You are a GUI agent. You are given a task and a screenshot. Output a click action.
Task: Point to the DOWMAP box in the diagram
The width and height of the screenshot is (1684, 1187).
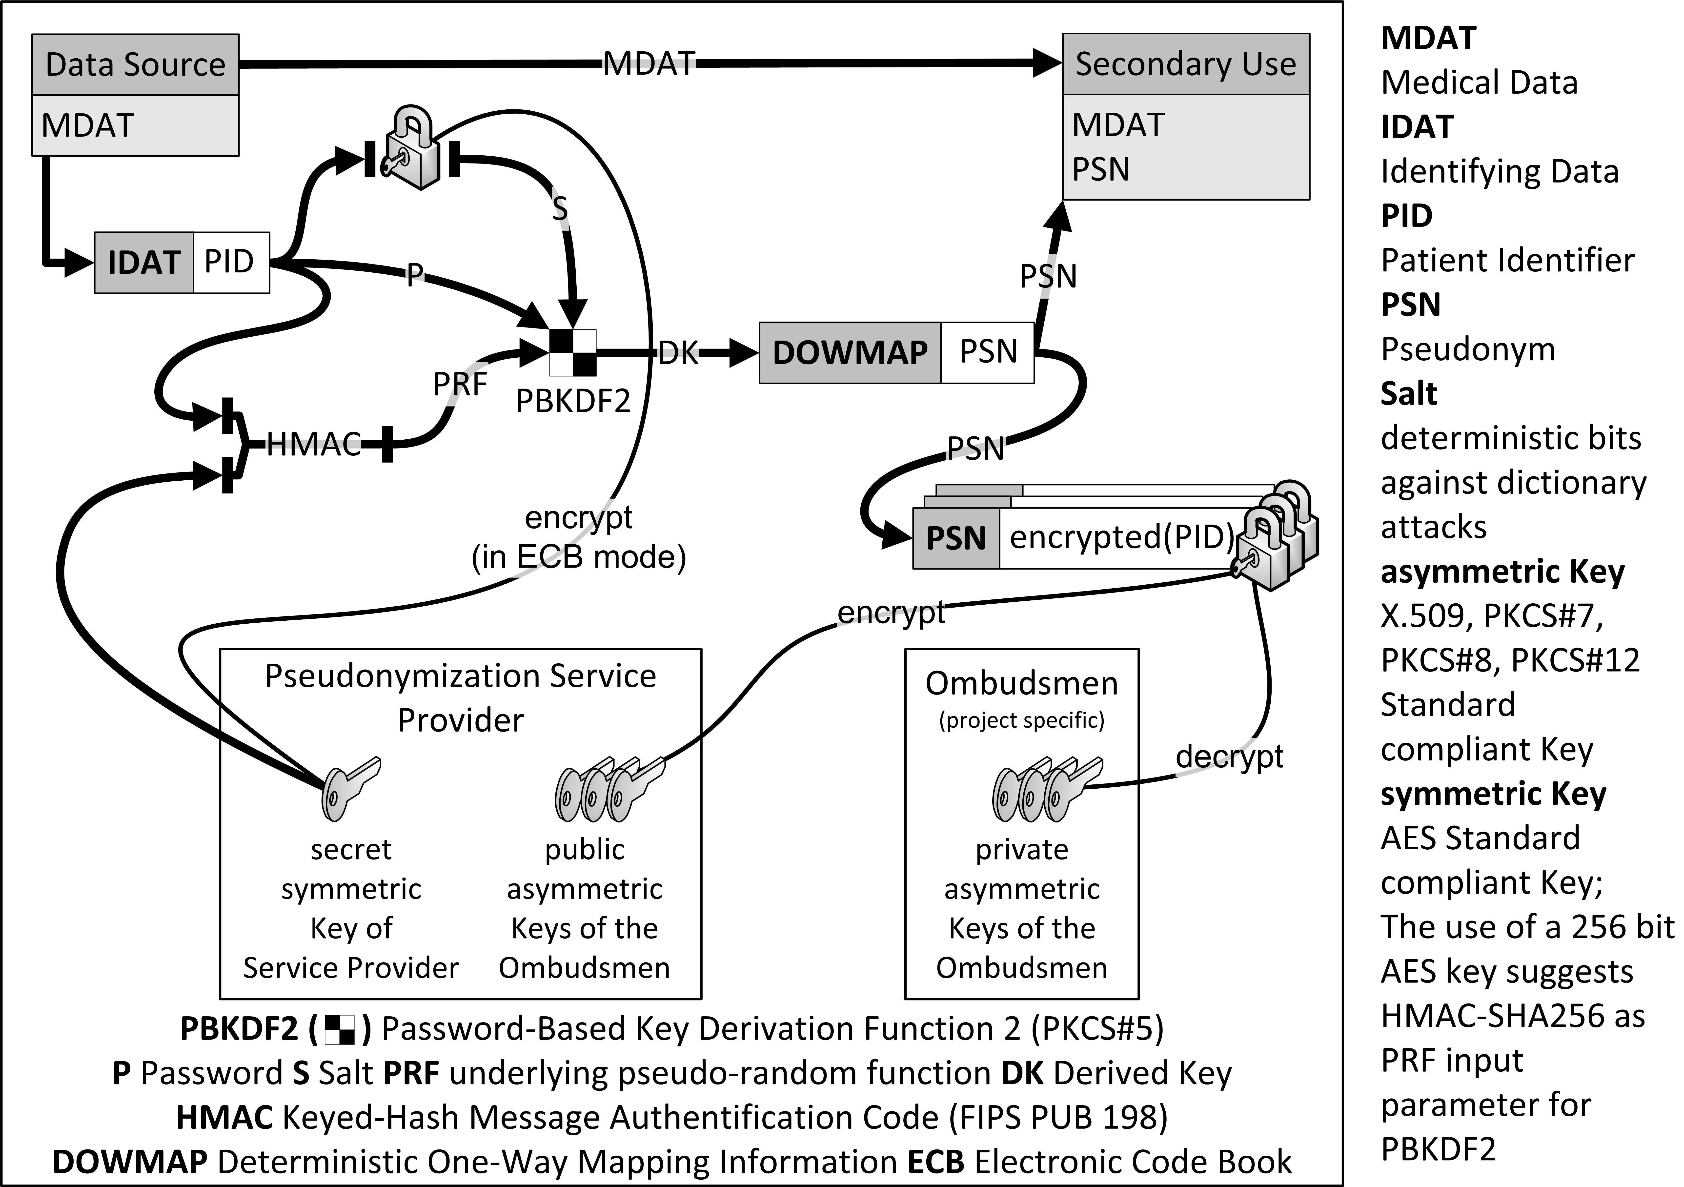[850, 353]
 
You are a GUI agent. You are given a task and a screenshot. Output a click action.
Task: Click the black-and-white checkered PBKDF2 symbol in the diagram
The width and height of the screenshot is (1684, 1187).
[573, 353]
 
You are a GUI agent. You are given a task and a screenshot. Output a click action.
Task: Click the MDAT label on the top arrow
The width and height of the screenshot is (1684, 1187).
[649, 64]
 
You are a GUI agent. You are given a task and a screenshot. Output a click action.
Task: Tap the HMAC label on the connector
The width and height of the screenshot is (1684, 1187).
[314, 444]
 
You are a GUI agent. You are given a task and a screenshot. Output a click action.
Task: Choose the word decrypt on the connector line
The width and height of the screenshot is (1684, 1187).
[1229, 756]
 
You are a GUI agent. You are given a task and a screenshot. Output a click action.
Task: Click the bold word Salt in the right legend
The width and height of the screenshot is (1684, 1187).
[1408, 394]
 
